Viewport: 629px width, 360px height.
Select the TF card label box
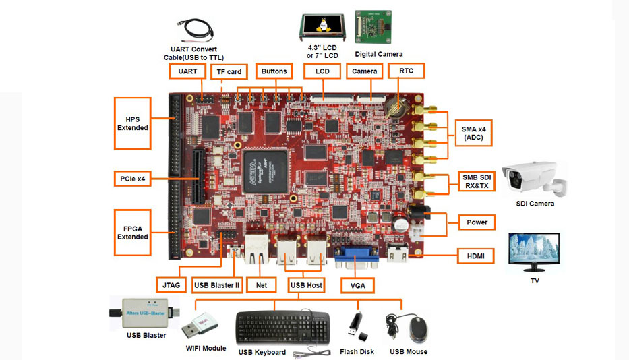point(229,72)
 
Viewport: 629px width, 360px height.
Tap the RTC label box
point(406,71)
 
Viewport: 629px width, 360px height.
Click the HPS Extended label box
point(133,123)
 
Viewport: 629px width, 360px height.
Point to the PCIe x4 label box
point(133,179)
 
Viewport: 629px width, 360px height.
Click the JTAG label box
point(171,285)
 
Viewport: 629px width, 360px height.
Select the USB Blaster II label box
point(216,285)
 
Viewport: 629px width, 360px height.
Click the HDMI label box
point(475,256)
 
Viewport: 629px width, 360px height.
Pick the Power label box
point(477,222)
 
